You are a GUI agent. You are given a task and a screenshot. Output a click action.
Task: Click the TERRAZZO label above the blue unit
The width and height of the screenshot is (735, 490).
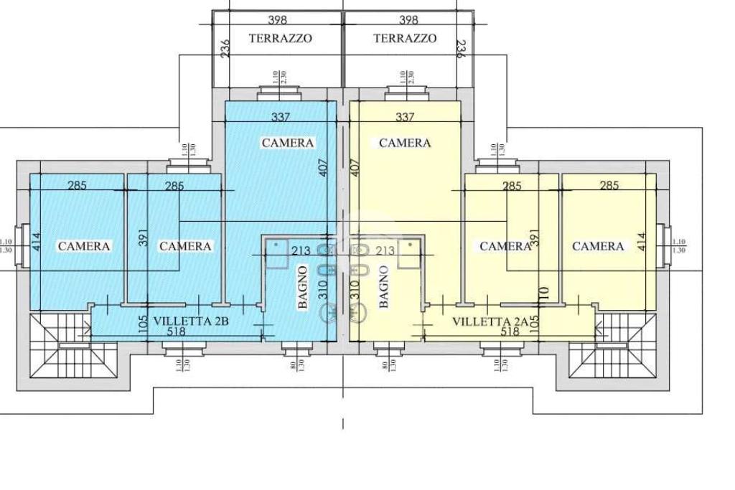(x=281, y=39)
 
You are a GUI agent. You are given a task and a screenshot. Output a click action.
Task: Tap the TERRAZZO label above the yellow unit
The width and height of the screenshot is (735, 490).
(x=405, y=39)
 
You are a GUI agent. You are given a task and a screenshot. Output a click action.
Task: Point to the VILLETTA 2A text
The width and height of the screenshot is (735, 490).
(x=492, y=322)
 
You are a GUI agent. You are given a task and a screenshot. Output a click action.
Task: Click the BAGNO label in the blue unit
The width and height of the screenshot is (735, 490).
(x=303, y=287)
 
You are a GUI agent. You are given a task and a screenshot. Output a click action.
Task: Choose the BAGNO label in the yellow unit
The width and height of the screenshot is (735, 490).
(x=383, y=287)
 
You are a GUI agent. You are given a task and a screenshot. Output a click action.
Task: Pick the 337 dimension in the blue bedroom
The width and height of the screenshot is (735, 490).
(x=281, y=117)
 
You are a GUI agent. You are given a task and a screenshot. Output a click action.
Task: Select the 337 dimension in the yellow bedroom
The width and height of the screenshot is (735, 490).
(x=406, y=117)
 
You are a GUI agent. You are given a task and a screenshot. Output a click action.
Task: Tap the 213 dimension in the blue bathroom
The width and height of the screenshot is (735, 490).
(x=301, y=250)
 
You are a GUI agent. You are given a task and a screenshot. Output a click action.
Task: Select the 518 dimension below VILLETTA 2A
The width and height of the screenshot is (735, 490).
(x=510, y=332)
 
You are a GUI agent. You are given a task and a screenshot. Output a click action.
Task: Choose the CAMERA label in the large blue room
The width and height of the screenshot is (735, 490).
(x=288, y=143)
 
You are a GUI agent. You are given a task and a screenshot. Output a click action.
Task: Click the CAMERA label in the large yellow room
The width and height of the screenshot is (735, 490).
(x=405, y=143)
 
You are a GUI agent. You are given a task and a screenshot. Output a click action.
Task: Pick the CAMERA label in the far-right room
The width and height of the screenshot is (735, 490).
(x=598, y=246)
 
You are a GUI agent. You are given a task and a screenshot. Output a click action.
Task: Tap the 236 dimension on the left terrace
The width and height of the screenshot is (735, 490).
(x=225, y=49)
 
